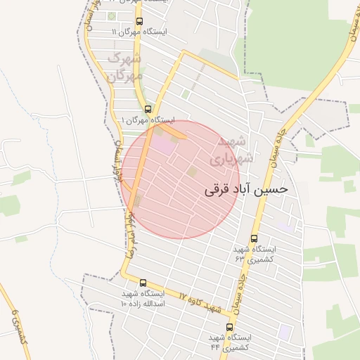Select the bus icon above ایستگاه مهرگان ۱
147,109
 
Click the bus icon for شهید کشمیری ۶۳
254,238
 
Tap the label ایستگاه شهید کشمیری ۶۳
255,254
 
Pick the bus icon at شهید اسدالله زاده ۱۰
143,283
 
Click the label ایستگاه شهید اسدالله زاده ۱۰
143,298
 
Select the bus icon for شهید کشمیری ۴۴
229,327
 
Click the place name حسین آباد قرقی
245,190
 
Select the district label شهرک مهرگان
125,65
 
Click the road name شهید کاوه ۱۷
200,304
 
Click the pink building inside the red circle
162,145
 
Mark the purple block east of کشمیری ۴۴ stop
284,330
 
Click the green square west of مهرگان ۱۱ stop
112,16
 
